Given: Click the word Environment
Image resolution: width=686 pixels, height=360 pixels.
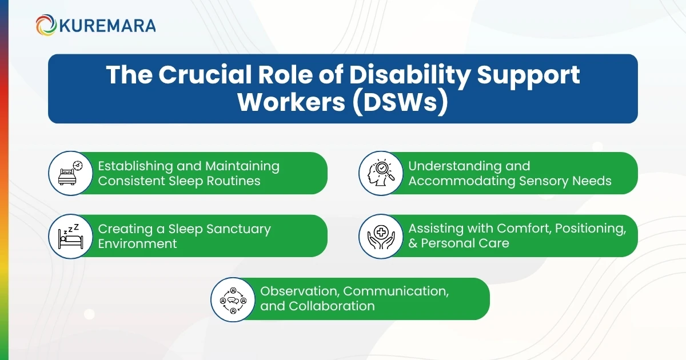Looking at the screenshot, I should [137, 244].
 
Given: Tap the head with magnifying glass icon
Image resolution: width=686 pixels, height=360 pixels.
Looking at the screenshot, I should [380, 173].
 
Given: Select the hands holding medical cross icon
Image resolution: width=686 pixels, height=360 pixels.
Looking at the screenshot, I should [380, 236].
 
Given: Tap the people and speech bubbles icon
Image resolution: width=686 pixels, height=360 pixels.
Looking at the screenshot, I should [233, 299].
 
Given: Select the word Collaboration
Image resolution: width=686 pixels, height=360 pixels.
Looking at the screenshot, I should [332, 306].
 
